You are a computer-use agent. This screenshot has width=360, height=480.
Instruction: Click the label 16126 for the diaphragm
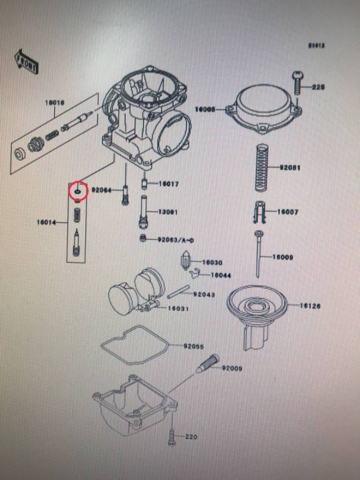tap(310, 306)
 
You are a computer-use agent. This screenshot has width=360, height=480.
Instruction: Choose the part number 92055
tap(194, 346)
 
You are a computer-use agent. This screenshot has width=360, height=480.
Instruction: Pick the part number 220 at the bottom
tap(191, 437)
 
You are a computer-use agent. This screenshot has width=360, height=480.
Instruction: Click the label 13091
tap(169, 212)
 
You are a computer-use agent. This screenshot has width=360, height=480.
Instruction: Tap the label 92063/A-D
tap(176, 239)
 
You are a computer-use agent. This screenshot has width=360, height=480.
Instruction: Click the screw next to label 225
tap(298, 82)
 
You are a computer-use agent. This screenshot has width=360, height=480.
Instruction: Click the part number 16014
tap(46, 223)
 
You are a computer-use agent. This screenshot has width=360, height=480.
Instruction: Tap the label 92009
tap(232, 368)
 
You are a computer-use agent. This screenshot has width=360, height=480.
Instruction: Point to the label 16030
tap(212, 262)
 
